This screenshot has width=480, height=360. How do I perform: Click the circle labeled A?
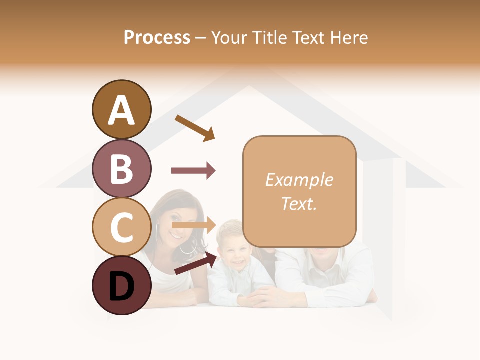tap(121, 110)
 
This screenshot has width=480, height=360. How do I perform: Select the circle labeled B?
tap(121, 168)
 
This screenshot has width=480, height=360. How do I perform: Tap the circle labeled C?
tap(121, 227)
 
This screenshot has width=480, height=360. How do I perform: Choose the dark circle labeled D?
tap(121, 285)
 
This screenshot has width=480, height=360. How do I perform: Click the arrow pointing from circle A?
tap(195, 128)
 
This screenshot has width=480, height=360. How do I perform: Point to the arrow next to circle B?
tap(193, 171)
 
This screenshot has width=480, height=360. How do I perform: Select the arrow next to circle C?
tap(194, 225)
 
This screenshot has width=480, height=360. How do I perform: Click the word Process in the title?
tap(157, 37)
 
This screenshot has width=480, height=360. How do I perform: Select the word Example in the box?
tap(299, 180)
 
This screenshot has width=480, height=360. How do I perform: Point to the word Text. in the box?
tap(299, 203)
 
